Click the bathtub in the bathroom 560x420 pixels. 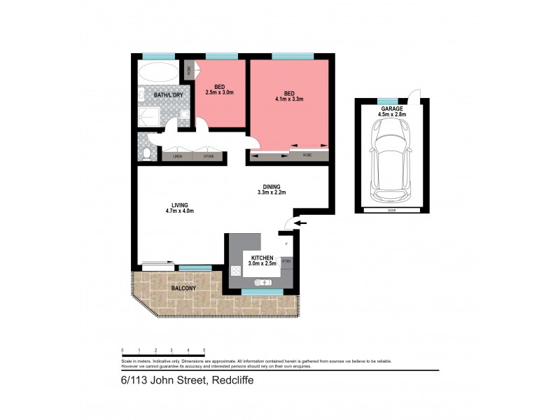coord(158,72)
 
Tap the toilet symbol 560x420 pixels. coord(146,153)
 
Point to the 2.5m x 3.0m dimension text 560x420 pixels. coord(218,92)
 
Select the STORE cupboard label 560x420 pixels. coord(209,157)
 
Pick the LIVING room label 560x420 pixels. coord(178,204)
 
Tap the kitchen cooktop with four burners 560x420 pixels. coord(234,272)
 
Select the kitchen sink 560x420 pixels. coord(260,282)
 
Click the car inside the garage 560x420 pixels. coord(392,154)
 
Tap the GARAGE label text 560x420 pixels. coord(391,108)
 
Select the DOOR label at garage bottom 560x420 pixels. coord(392,209)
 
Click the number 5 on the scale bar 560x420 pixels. coord(204,349)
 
